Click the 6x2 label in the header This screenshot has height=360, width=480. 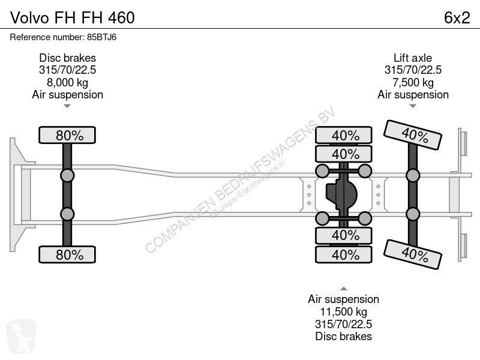click(457, 18)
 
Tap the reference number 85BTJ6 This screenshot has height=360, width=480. click(101, 37)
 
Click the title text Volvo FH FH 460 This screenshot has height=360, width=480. click(72, 18)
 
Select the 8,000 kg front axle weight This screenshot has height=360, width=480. click(67, 82)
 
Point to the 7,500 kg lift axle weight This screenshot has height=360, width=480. click(413, 82)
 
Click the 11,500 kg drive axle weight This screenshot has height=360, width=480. click(343, 311)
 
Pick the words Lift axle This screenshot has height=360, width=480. click(413, 58)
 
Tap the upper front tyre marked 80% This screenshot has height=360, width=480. click(67, 135)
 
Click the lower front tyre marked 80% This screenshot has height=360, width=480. click(67, 254)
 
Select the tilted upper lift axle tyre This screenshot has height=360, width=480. click(412, 134)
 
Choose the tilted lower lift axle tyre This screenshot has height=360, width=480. click(412, 254)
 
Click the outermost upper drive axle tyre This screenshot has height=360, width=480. click(344, 135)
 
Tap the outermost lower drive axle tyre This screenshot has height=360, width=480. click(344, 254)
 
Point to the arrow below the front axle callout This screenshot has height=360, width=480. click(67, 106)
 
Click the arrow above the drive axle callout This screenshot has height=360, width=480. click(343, 289)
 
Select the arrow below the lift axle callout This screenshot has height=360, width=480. click(413, 106)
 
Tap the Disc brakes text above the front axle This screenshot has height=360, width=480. click(67, 58)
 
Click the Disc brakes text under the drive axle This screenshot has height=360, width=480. click(343, 336)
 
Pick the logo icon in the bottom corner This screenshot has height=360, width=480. click(21, 336)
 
